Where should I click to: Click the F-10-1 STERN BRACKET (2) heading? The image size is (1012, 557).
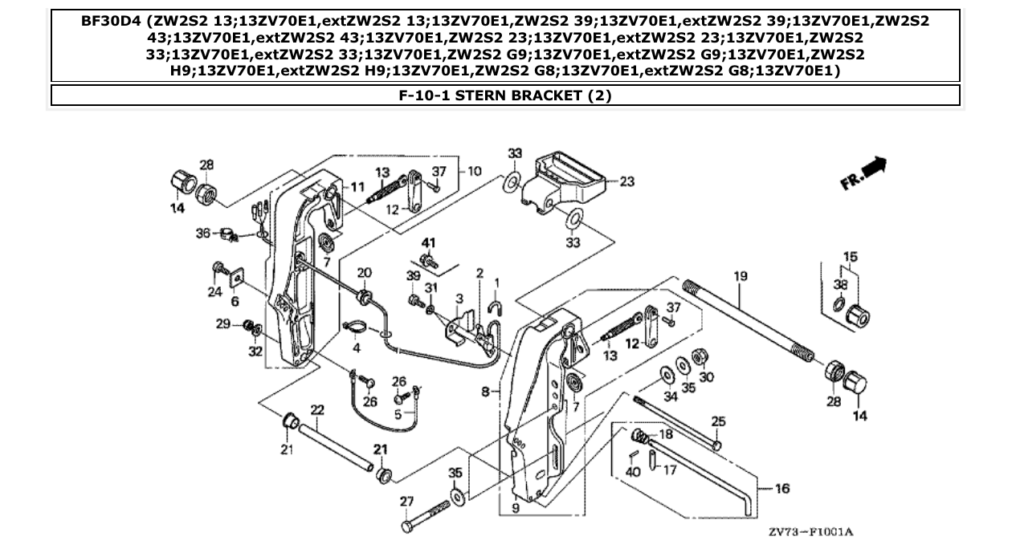[505, 96]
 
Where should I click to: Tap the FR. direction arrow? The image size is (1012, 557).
[863, 173]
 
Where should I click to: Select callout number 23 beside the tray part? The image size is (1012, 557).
[626, 182]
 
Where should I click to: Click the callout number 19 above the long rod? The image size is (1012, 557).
[740, 276]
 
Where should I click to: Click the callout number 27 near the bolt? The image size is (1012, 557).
[407, 502]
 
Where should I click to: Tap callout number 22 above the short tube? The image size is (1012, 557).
[316, 409]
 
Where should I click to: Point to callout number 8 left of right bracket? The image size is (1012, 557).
[484, 392]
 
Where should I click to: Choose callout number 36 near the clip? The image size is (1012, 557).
[202, 233]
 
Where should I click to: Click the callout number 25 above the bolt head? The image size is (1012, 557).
[718, 421]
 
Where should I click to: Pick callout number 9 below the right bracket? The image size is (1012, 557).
[515, 507]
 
